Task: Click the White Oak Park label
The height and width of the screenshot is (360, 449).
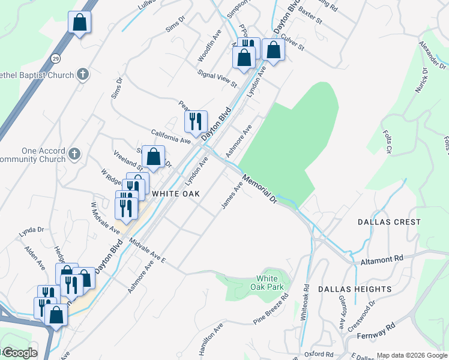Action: [x=267, y=283]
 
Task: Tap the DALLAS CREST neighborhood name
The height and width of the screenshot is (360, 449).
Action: [x=389, y=222]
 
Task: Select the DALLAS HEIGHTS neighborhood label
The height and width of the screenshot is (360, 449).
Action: [x=355, y=289]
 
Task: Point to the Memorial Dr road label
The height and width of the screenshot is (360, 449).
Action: [x=259, y=188]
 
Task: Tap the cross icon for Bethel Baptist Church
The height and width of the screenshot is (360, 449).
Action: [x=83, y=75]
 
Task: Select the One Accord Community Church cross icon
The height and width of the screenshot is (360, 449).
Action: [x=74, y=154]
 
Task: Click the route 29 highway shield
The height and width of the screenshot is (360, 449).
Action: [x=55, y=58]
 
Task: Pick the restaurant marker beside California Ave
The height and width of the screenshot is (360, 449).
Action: [x=196, y=122]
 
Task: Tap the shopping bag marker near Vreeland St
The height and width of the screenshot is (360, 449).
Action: [x=154, y=157]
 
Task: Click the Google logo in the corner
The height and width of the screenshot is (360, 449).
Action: [x=19, y=353]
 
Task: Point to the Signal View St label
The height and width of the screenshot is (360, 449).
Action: [x=217, y=78]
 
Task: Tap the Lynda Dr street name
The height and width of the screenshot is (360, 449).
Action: [x=32, y=230]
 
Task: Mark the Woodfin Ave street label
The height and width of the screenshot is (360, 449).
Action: [x=210, y=47]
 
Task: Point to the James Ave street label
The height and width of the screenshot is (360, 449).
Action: [x=232, y=196]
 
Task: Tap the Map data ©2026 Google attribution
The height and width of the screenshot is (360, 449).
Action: [x=412, y=355]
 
